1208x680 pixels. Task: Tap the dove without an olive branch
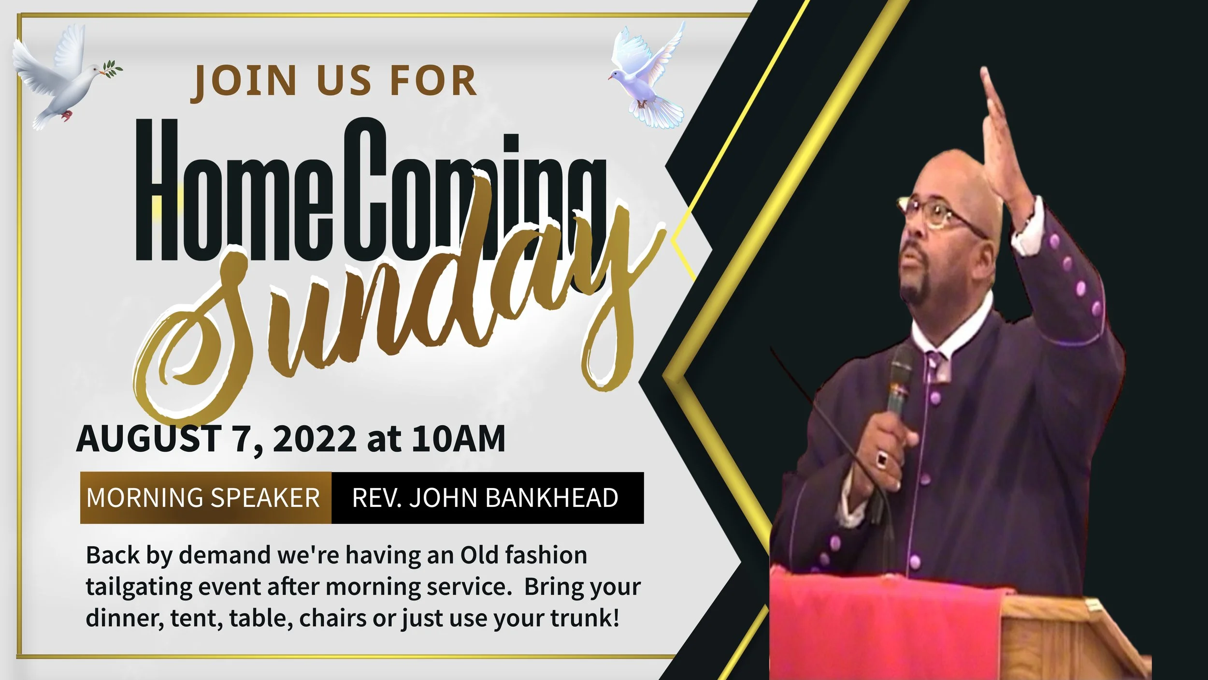pos(647,77)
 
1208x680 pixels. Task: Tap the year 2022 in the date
pos(314,439)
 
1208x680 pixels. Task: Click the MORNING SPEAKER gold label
pos(203,498)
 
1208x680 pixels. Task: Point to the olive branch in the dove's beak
pos(112,69)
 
